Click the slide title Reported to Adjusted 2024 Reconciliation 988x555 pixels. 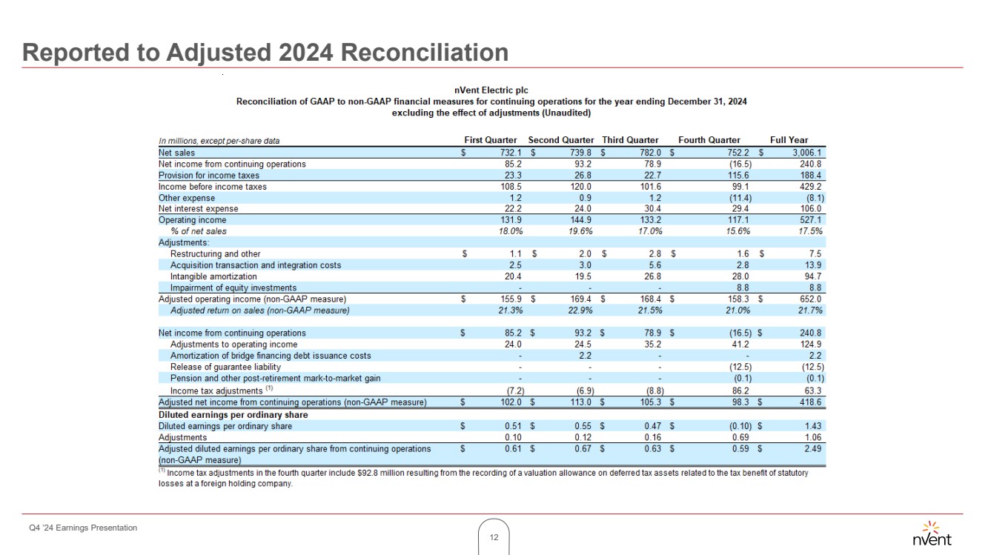click(x=265, y=53)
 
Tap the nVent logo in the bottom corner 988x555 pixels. click(x=932, y=534)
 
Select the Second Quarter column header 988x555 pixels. click(x=560, y=140)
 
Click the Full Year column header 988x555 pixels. click(x=789, y=140)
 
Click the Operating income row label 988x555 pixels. click(x=193, y=220)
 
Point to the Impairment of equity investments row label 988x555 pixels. click(x=233, y=288)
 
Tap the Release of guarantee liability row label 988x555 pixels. click(x=225, y=367)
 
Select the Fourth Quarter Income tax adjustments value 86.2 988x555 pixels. click(x=739, y=391)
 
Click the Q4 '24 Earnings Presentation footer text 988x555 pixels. click(x=79, y=528)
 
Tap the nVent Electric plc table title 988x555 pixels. click(x=491, y=90)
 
